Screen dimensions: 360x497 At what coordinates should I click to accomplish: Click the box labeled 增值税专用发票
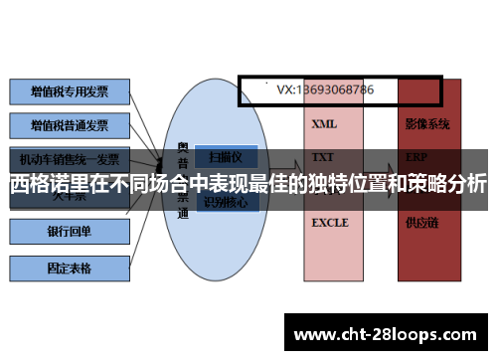[70, 92]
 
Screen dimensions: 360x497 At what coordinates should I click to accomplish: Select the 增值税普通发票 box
[70, 125]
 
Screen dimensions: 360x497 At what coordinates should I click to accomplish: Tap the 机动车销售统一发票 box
[70, 158]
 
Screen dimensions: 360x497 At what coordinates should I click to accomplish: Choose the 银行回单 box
[70, 232]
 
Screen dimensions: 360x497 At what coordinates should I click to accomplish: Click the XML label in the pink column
[324, 125]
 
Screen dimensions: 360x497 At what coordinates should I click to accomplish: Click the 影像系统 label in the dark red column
[427, 125]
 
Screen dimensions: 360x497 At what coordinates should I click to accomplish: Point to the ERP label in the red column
[416, 157]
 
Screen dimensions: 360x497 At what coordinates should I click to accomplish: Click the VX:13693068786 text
[325, 90]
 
